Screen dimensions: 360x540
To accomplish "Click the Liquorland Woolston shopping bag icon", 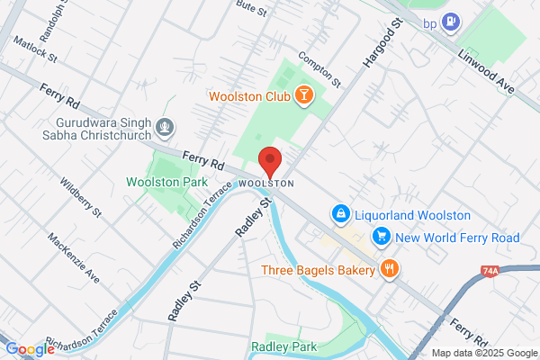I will click(340, 214).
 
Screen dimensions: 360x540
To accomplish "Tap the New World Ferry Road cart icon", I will click(382, 237).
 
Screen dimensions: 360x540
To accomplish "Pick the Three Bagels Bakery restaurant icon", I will click(389, 268).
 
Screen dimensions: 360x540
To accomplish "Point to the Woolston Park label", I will click(160, 182).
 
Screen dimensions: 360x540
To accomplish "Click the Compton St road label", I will click(321, 67).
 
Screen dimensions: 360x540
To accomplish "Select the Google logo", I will click(30, 349).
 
